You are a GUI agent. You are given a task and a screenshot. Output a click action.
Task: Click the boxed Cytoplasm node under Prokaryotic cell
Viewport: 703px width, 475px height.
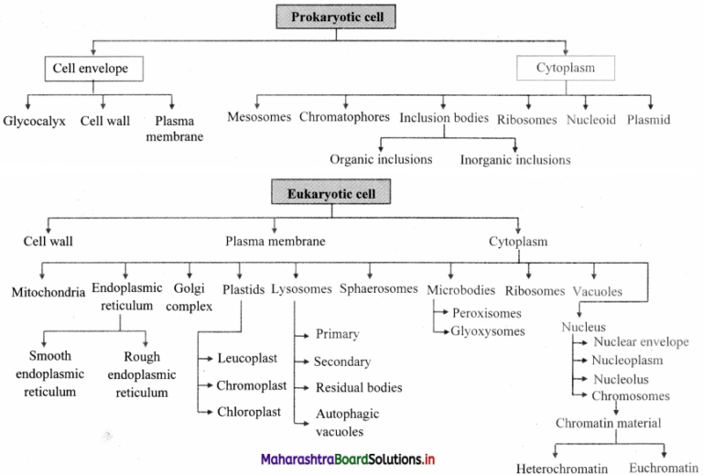[566, 68]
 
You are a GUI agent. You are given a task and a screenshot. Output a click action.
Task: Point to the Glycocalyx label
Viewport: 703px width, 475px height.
[34, 120]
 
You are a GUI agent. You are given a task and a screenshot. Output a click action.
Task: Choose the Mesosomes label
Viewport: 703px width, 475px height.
[259, 118]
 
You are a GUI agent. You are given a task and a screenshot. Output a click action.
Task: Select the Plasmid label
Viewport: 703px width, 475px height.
[648, 119]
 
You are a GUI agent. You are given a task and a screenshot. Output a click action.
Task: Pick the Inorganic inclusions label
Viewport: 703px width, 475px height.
[515, 159]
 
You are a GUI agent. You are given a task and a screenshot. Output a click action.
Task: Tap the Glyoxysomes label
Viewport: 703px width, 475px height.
[488, 330]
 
